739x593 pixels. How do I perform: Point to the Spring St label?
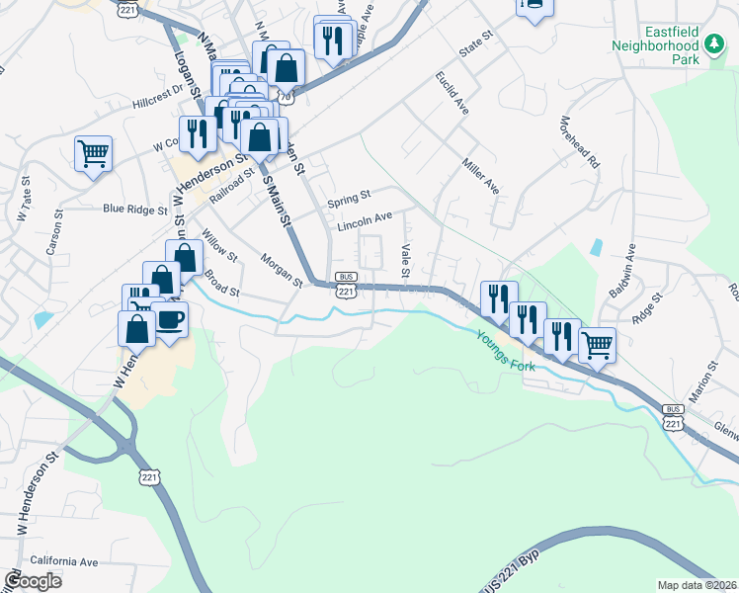click(x=350, y=196)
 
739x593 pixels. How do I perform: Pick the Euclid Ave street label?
click(x=452, y=94)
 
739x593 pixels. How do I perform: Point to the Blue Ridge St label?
click(x=134, y=210)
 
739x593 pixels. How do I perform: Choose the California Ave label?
click(x=64, y=560)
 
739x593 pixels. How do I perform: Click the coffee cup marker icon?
click(x=171, y=318)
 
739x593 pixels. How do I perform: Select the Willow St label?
click(x=220, y=247)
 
